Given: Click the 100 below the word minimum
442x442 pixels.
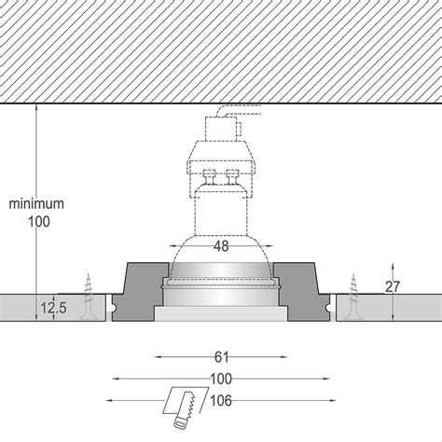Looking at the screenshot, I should point(36,221).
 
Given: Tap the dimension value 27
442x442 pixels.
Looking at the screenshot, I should point(394,287).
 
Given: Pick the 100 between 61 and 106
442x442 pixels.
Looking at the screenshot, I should point(220,379).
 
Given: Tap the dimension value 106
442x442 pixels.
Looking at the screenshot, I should point(221,402).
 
